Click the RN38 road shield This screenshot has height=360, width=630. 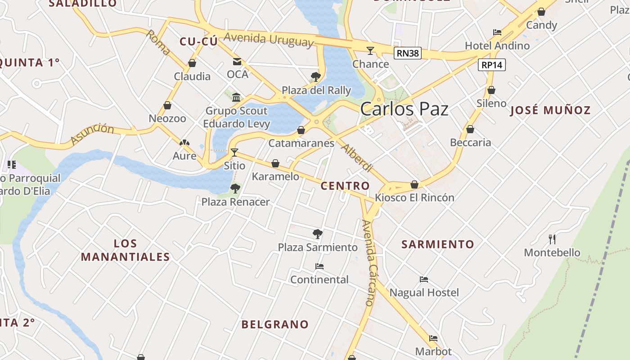408,53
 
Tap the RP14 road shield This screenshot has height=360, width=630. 491,65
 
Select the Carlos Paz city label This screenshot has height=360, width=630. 404,109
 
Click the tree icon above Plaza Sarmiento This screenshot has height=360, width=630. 318,234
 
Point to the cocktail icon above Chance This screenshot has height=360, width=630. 370,50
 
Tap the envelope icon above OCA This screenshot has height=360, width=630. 237,62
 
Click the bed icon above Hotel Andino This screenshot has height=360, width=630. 497,32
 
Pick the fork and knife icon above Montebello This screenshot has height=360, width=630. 552,239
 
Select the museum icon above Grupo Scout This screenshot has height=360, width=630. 236,97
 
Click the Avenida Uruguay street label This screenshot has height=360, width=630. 268,40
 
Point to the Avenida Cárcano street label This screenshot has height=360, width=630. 369,263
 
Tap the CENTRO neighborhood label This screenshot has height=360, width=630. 345,185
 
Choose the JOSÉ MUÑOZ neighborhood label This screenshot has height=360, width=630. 550,110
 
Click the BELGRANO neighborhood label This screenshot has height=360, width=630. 275,324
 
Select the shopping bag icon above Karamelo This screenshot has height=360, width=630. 275,163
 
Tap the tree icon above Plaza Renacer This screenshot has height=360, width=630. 235,189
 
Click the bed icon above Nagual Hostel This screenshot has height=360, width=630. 423,279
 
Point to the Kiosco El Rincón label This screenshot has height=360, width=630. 414,198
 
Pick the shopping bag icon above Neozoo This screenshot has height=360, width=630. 167,105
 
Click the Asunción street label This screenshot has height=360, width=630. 92,134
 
